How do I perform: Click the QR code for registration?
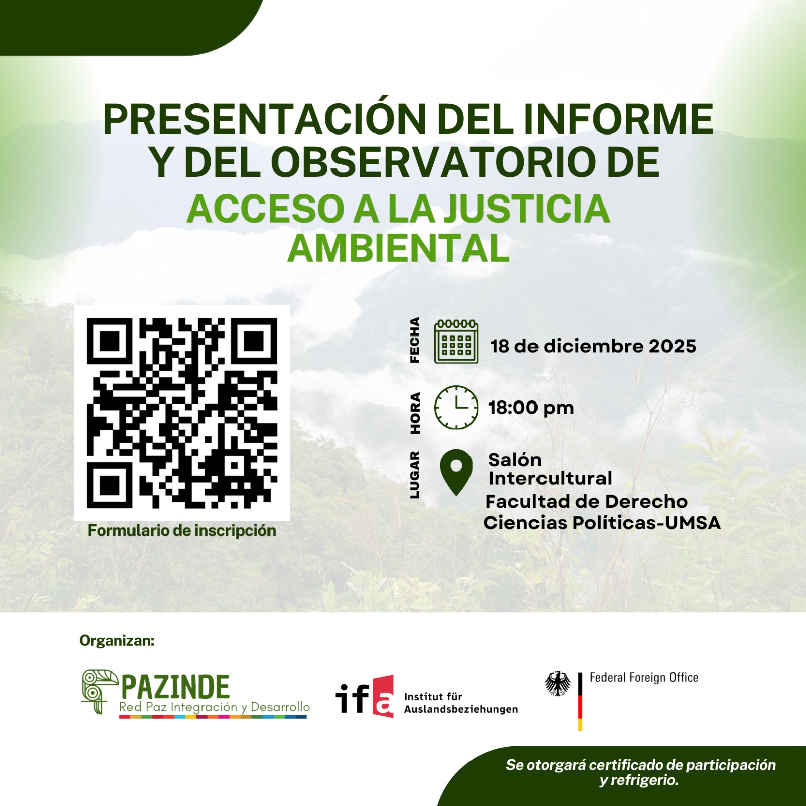[x=182, y=413]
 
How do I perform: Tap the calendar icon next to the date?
[x=456, y=342]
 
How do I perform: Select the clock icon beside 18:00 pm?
[x=456, y=407]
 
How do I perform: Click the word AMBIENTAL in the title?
[x=398, y=248]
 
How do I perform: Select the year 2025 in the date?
[x=672, y=346]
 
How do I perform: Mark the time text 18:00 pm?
[x=531, y=408]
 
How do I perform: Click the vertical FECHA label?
[x=414, y=340]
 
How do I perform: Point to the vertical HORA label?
[x=414, y=413]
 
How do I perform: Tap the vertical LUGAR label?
[x=414, y=475]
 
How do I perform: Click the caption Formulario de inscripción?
[x=182, y=531]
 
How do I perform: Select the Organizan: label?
[x=117, y=641]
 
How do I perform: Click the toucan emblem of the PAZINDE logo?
[x=99, y=691]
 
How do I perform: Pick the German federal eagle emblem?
[x=558, y=684]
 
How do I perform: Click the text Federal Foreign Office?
[x=644, y=678]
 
